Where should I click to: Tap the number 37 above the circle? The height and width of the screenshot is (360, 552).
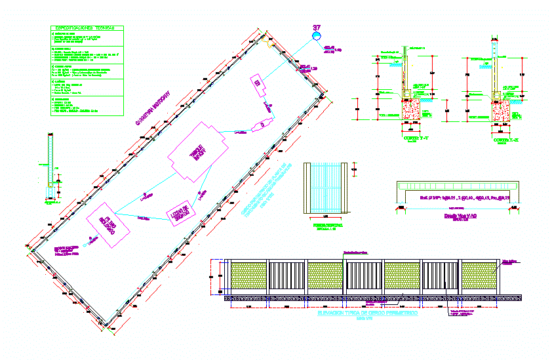(x=317, y=28)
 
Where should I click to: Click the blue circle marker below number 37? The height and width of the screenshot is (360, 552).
(x=317, y=36)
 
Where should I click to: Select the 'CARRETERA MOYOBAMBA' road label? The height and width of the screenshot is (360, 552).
(x=152, y=108)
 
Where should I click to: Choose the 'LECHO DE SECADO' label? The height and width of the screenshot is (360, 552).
(x=179, y=214)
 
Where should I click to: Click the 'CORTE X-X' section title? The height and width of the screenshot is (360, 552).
(x=502, y=140)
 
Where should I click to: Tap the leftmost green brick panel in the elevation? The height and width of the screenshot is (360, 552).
(x=249, y=277)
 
